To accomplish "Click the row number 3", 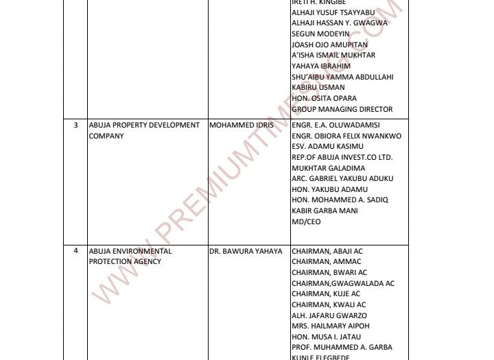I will [75, 125].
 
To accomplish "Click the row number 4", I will [75, 251].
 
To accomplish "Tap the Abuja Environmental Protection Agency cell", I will [130, 256].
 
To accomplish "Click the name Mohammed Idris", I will [241, 125].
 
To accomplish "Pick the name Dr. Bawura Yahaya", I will [246, 251].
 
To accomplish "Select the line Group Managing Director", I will [342, 109].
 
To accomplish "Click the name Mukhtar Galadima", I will [328, 168].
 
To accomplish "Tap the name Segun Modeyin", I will [320, 34].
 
